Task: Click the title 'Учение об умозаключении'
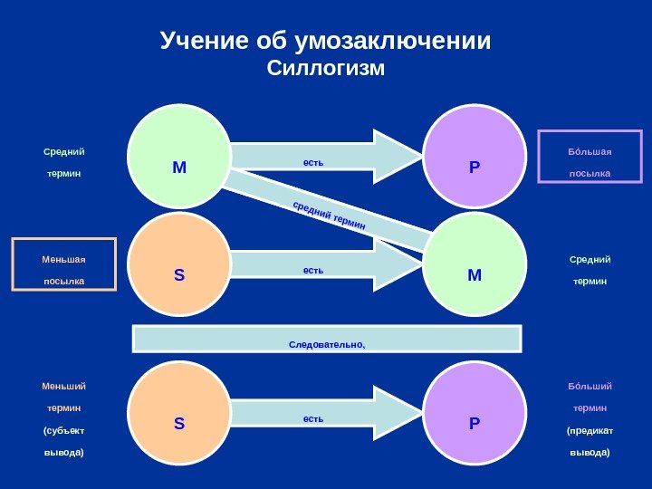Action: coord(325,41)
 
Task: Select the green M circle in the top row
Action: coord(178,157)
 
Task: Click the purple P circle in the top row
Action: coord(475,157)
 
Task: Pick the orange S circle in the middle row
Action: coord(178,264)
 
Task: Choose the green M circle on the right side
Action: coord(475,264)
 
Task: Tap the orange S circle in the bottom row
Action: coord(178,413)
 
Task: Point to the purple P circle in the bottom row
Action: coord(475,413)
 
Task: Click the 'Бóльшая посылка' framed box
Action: coord(590,157)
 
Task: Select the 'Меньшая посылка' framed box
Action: coord(63,264)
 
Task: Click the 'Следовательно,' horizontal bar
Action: coord(327,339)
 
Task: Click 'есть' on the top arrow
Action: coord(313,163)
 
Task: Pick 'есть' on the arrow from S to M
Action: coord(313,270)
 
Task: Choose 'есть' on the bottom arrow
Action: coord(313,418)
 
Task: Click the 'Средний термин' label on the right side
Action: coord(590,270)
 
